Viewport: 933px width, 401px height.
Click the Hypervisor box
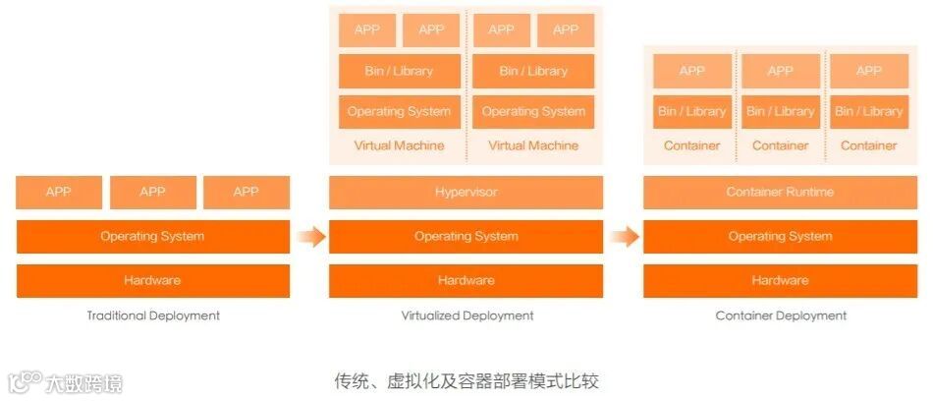pos(466,193)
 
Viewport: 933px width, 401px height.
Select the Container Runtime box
pos(780,193)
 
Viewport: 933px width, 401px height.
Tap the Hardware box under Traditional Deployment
pos(152,281)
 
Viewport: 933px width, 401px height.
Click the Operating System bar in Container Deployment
pos(780,237)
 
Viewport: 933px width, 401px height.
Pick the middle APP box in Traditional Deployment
pos(152,193)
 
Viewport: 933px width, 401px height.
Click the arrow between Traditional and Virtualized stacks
pos(309,237)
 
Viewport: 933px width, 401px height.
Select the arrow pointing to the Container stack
pos(623,237)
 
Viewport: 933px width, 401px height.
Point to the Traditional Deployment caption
pos(152,316)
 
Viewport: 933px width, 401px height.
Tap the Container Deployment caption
pos(781,316)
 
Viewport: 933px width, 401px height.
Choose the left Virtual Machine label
pos(399,146)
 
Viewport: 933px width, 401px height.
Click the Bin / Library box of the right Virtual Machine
pos(533,72)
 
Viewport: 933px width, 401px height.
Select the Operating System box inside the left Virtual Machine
pos(399,112)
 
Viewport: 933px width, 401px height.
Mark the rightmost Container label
pos(868,146)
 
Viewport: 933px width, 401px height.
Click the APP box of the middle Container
pos(780,72)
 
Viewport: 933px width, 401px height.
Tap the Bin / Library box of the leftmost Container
pos(691,112)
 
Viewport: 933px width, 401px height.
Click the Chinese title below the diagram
pos(466,379)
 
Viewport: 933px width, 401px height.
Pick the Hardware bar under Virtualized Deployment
pos(466,281)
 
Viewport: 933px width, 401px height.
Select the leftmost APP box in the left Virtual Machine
pos(366,30)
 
